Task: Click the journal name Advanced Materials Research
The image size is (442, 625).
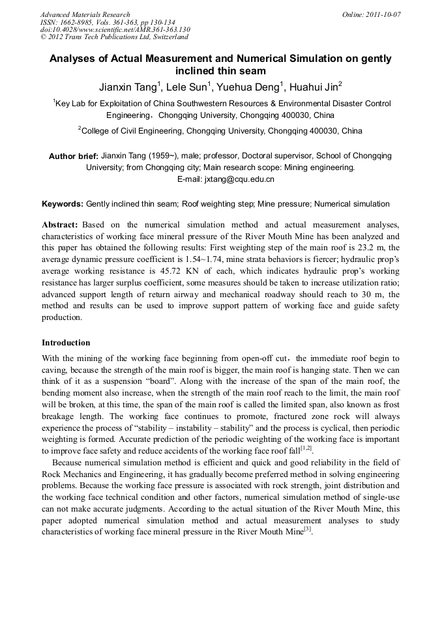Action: tap(85, 14)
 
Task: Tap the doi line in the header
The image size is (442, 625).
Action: tap(115, 29)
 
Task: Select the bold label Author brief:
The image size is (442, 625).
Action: tap(74, 156)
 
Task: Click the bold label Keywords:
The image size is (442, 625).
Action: tap(63, 204)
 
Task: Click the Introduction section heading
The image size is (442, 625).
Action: tap(66, 343)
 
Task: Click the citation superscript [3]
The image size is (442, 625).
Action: tap(308, 529)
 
